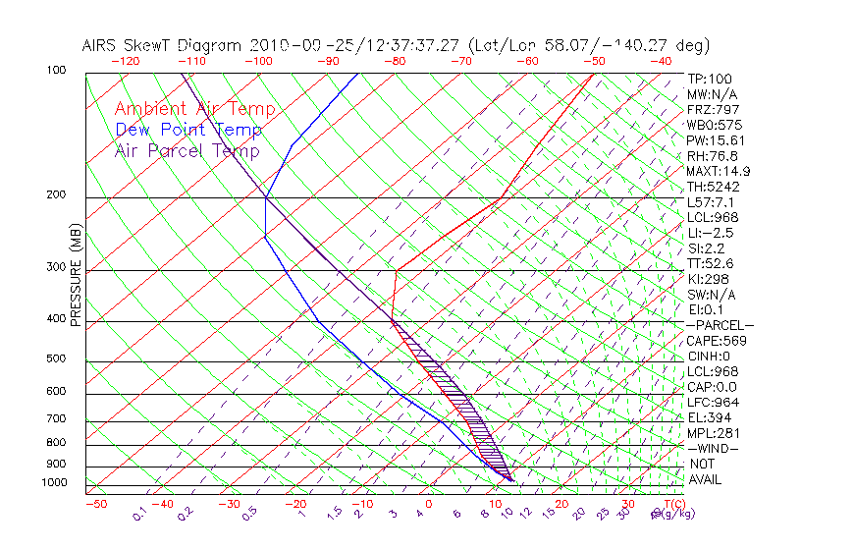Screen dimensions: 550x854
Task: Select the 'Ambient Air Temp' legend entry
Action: click(x=195, y=110)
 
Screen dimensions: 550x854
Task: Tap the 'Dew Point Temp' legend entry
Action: click(x=188, y=131)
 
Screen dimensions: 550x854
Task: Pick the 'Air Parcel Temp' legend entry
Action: click(x=187, y=151)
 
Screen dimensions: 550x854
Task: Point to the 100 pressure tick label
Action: click(x=56, y=71)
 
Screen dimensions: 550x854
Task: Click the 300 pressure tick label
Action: click(x=56, y=267)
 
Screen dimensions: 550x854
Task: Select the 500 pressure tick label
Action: click(x=56, y=358)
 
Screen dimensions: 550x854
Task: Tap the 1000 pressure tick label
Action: click(x=54, y=483)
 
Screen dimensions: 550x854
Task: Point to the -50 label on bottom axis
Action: click(x=95, y=505)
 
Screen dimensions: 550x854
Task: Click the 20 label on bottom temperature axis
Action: click(x=562, y=505)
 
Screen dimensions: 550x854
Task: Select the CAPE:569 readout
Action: click(x=717, y=341)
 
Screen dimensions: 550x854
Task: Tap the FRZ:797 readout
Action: click(x=714, y=109)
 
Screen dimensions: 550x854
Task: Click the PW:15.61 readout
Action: click(x=716, y=140)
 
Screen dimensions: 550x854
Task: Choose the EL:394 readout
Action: click(x=710, y=417)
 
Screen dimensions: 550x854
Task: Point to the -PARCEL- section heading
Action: click(x=721, y=325)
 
